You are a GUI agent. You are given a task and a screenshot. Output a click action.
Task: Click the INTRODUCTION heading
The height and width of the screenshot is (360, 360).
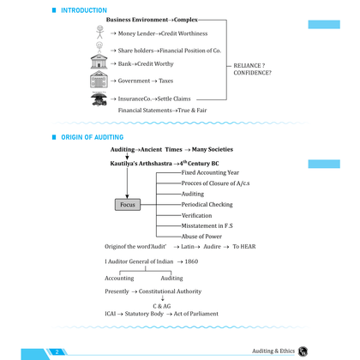[x=84, y=10]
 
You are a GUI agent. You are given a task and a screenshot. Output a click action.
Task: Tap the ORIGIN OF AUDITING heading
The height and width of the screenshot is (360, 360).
[x=93, y=137]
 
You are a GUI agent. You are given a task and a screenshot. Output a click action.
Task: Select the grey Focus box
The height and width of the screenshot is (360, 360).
[x=128, y=205]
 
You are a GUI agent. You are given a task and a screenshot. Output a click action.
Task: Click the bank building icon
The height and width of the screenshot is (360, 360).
[x=99, y=62]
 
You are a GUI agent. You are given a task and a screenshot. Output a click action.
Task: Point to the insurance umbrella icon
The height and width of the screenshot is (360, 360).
[x=99, y=99]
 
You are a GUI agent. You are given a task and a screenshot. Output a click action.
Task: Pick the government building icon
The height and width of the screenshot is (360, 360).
[x=99, y=80]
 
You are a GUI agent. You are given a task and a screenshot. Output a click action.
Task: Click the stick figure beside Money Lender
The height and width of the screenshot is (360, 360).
[x=99, y=32]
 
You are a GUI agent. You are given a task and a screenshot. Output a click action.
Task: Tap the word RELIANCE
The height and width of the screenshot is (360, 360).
[x=247, y=65]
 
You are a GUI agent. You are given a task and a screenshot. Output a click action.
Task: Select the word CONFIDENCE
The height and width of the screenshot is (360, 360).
[x=251, y=73]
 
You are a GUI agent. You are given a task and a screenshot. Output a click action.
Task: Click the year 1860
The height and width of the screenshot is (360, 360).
[x=191, y=261]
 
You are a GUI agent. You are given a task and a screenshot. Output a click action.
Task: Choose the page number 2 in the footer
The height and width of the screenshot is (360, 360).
[x=57, y=351]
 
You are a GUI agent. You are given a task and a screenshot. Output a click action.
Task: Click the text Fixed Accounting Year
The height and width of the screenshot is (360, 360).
[x=210, y=172]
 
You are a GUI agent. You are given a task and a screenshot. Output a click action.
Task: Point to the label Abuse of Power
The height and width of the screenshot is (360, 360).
[x=201, y=237]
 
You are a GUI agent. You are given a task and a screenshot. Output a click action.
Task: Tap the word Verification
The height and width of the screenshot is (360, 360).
[x=196, y=215]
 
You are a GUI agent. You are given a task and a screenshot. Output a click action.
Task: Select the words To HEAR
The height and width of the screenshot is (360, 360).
[x=244, y=247]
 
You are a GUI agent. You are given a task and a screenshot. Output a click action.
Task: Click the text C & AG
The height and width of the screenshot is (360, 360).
[x=162, y=306]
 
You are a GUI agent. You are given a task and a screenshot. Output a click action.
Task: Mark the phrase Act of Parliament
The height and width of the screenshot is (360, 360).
[x=196, y=314]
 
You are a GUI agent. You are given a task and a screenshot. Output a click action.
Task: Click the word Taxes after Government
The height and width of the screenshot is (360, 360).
[x=166, y=81]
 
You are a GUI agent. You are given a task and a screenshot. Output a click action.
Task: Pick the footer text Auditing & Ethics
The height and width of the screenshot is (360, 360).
[x=273, y=351]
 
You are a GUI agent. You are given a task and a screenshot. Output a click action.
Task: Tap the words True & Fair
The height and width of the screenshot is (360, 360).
[x=192, y=111]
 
